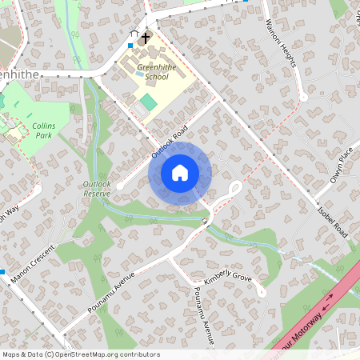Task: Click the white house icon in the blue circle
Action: [x=180, y=173]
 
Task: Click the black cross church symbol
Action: [x=146, y=38]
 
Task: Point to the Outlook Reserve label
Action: [x=96, y=188]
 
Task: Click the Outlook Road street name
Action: [x=170, y=142]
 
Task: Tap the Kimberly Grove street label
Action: [x=228, y=279]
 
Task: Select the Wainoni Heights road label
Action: [x=281, y=43]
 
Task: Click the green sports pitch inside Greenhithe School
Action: [x=148, y=102]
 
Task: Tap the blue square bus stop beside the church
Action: [x=130, y=46]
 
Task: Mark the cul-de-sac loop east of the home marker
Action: [x=236, y=189]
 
